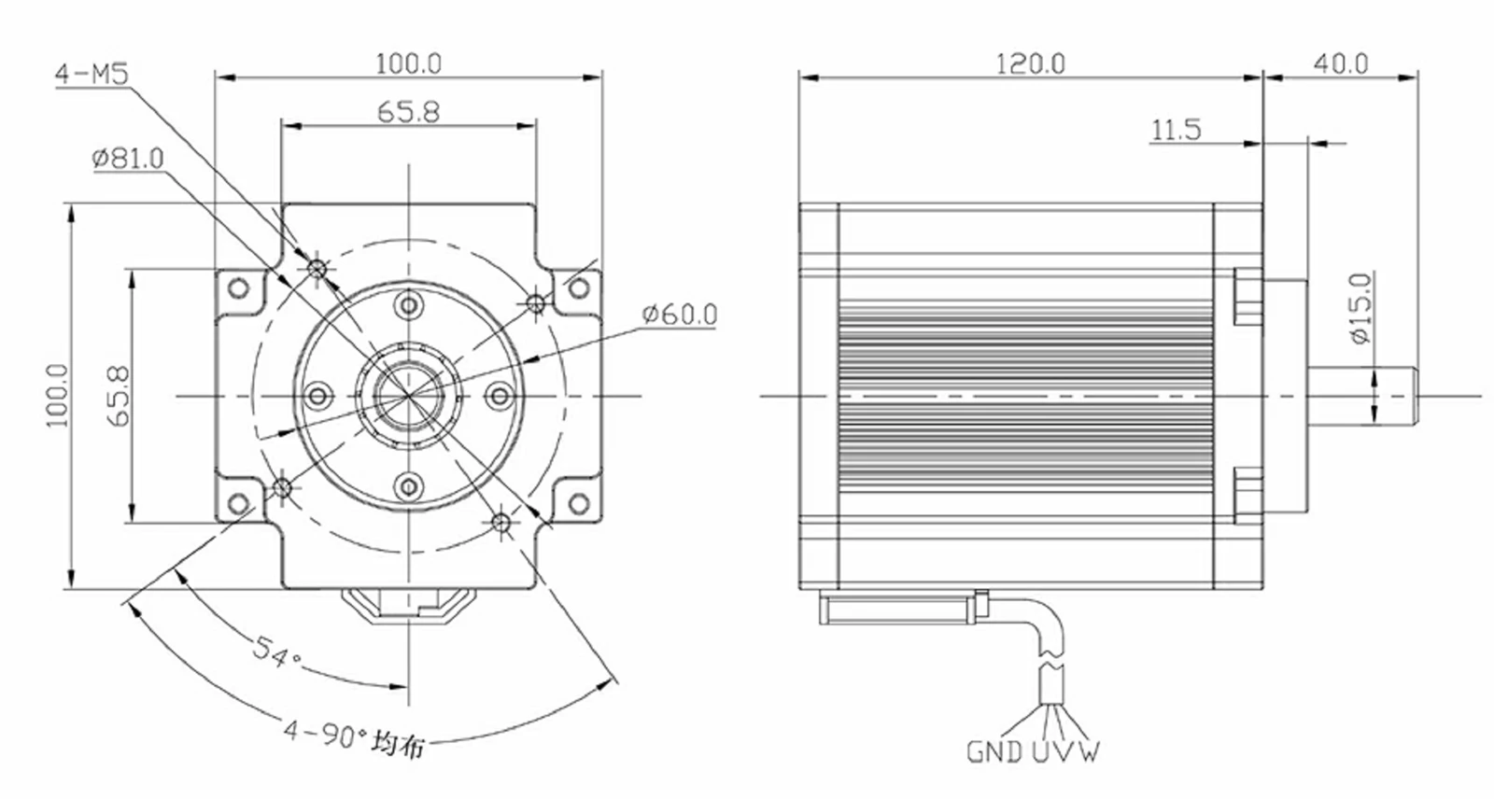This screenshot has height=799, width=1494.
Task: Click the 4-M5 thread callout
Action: [92, 74]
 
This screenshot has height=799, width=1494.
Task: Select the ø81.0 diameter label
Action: [128, 159]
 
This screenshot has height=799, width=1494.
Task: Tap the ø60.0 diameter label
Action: [680, 315]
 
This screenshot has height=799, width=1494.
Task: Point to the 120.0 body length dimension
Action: [1031, 64]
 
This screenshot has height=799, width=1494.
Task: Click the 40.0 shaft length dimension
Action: [1341, 64]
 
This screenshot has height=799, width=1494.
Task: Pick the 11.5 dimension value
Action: [1176, 130]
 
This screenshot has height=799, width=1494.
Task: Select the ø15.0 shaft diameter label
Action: [1361, 308]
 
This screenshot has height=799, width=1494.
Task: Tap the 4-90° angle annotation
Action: [354, 736]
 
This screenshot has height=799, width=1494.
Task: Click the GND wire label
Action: [994, 751]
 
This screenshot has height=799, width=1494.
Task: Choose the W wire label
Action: [1089, 751]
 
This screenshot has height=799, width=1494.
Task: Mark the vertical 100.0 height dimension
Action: [57, 396]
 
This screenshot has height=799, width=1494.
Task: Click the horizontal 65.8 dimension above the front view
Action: [409, 112]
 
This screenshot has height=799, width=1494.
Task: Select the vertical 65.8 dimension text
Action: [119, 396]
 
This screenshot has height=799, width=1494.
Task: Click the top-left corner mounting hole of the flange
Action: [238, 288]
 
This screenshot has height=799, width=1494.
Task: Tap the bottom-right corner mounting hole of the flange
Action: [579, 503]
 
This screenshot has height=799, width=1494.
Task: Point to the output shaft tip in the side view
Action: [1416, 396]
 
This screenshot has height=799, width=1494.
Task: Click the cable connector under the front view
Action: [409, 606]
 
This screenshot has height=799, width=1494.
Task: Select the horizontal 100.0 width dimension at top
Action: [409, 64]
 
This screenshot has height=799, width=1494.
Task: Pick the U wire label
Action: [1042, 751]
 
